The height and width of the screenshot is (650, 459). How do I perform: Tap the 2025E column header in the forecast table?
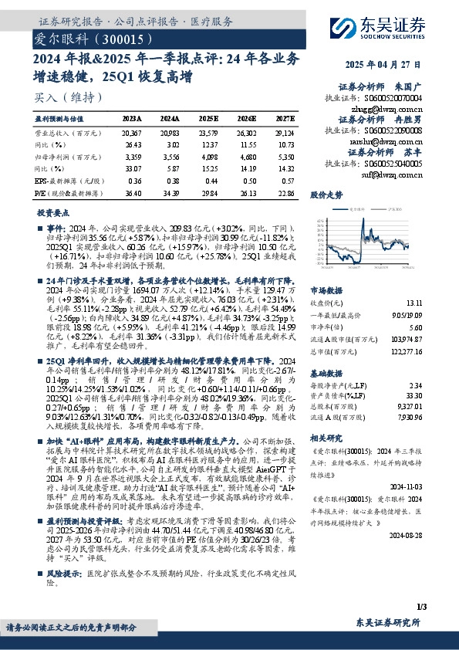coord(208,118)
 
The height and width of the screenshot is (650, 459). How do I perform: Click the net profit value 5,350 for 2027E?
coord(284,157)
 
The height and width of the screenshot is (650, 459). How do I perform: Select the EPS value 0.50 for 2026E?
coord(247,179)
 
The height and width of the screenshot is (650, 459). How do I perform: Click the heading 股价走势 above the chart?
coord(325,196)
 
